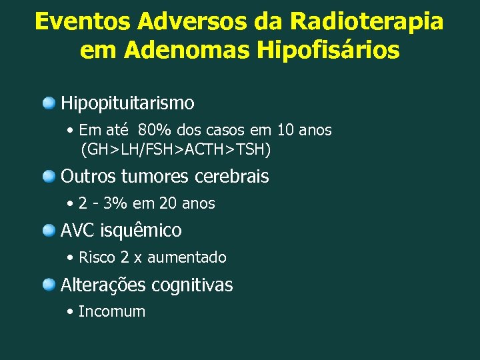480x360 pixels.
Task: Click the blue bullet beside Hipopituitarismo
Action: click(x=49, y=103)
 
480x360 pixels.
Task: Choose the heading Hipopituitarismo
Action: click(x=127, y=103)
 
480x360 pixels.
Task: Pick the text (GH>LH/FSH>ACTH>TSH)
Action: click(x=175, y=149)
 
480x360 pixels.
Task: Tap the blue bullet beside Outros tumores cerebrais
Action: click(x=49, y=177)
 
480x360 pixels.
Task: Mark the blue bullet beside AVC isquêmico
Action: click(x=49, y=231)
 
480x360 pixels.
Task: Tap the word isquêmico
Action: click(x=141, y=231)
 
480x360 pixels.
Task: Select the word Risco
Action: click(x=97, y=257)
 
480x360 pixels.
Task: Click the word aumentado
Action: click(x=187, y=257)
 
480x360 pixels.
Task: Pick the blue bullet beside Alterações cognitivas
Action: click(x=49, y=285)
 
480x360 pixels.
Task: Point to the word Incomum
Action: click(x=111, y=312)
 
